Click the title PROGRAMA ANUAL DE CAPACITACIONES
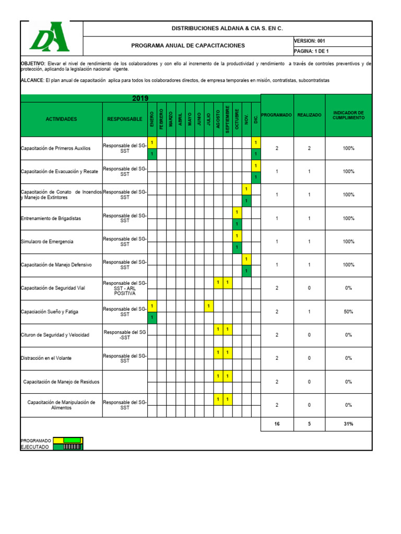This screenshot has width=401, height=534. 188,46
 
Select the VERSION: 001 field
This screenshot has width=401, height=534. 310,41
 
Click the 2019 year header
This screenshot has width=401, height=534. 140,98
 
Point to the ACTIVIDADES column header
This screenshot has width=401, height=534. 61,119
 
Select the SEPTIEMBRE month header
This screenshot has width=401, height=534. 228,119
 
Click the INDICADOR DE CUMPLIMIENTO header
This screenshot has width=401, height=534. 348,115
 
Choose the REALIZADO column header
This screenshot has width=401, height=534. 309,115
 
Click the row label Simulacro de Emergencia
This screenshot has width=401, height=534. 47,241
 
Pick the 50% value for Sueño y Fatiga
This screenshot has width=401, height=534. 348,312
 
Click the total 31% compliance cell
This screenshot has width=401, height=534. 348,424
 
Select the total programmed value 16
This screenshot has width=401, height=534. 277,424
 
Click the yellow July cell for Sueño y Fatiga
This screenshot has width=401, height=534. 208,306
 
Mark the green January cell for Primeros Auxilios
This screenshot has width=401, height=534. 152,154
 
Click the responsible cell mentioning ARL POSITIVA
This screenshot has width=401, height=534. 125,288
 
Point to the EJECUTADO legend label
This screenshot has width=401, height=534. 36,447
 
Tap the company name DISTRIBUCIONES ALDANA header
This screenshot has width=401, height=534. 228,28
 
